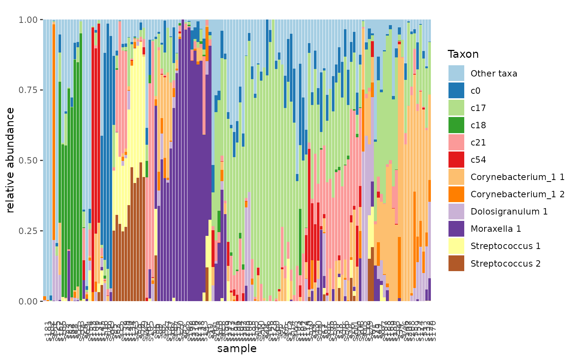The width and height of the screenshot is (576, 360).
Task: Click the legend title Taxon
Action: [463, 54]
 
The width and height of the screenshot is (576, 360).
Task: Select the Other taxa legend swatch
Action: [456, 73]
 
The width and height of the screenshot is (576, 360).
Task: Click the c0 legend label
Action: [475, 91]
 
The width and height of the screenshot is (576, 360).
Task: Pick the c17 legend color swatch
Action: [456, 108]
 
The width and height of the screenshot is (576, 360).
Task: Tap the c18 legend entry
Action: [478, 125]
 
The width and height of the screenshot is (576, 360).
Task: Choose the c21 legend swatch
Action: [456, 142]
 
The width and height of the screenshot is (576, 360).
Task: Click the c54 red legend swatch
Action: [456, 160]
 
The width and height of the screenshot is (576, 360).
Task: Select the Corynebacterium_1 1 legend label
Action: [517, 177]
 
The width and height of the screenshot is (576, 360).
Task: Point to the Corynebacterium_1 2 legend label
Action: [517, 194]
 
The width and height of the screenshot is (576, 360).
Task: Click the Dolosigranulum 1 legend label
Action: [509, 211]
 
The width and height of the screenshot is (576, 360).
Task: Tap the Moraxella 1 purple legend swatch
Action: [456, 229]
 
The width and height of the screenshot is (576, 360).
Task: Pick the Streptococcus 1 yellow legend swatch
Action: [456, 246]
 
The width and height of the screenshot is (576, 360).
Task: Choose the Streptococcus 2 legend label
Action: [505, 264]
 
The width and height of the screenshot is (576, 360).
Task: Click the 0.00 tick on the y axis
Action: [28, 301]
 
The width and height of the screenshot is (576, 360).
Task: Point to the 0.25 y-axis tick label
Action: [28, 231]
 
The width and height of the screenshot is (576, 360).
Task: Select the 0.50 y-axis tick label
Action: [28, 160]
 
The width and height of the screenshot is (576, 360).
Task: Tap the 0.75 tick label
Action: [28, 90]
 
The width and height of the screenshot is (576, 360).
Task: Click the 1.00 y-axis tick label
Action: [28, 19]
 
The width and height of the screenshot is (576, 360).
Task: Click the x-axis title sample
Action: [237, 349]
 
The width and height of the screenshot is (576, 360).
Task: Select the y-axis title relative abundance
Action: [10, 160]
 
